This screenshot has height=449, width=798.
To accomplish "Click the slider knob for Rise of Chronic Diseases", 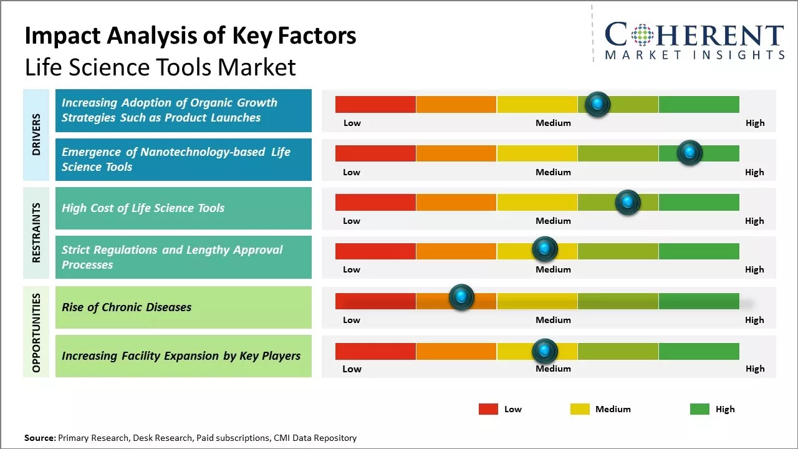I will [461, 297].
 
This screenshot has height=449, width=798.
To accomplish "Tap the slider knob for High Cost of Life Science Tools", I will [627, 202].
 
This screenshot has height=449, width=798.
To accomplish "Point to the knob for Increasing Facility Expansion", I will [545, 351].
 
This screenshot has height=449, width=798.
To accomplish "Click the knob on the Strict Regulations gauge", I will [545, 249].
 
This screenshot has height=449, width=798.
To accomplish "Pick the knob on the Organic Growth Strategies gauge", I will [598, 104].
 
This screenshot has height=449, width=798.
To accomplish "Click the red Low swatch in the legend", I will [488, 409].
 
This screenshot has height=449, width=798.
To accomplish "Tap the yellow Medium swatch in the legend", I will [580, 409].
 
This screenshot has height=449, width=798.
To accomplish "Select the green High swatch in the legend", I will [699, 409].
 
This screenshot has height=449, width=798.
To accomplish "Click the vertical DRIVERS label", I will [36, 135].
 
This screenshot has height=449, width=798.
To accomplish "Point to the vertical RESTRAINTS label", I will [36, 233].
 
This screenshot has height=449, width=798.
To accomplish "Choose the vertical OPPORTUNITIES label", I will [36, 332].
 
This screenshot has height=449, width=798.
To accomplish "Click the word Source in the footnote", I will [39, 438].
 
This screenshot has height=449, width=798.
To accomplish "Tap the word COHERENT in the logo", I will [695, 35].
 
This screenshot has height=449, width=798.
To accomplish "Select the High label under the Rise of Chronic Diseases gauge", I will [754, 320].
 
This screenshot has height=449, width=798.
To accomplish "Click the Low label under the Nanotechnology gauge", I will [352, 172].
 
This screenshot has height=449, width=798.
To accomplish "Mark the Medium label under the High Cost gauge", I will [553, 221].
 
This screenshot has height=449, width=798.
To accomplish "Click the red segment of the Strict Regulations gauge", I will [375, 251].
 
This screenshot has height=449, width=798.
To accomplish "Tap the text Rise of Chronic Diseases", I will [127, 307].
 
